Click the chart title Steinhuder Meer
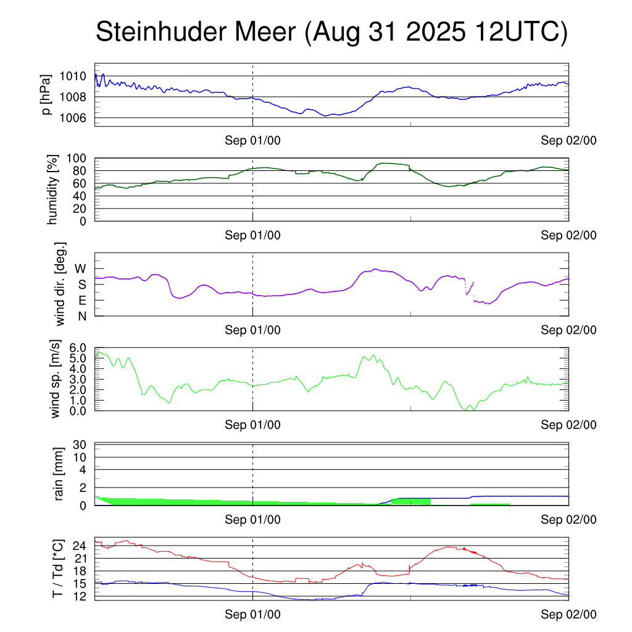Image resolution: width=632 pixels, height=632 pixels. [x=331, y=32]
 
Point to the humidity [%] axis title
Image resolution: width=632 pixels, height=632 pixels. [x=53, y=189]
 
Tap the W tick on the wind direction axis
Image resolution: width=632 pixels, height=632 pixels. [x=81, y=268]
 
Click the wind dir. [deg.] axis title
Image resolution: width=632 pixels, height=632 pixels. [x=60, y=284]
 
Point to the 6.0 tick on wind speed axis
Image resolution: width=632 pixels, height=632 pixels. [x=77, y=348]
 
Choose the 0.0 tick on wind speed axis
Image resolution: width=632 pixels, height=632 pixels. [x=77, y=411]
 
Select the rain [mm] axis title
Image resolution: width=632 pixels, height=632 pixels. [x=59, y=475]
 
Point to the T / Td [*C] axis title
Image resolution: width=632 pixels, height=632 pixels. [x=57, y=568]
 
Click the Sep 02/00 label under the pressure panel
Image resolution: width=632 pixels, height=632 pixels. [x=568, y=141]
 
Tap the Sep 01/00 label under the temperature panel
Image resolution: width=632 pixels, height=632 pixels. [x=252, y=614]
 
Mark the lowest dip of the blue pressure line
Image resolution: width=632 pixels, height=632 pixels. [x=326, y=115]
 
